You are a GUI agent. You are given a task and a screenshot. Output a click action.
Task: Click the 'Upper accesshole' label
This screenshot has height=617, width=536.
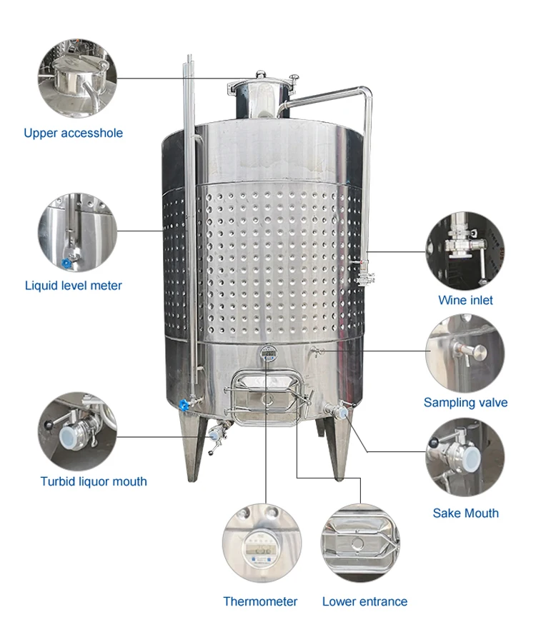click(73, 133)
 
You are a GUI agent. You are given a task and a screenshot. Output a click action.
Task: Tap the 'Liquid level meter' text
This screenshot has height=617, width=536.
click(73, 286)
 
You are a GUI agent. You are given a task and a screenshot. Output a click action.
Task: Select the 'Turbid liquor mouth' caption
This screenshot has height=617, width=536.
click(94, 481)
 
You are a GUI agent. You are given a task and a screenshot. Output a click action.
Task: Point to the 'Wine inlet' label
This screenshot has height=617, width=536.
click(465, 300)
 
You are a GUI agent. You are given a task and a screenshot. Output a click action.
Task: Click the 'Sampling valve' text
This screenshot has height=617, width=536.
click(465, 402)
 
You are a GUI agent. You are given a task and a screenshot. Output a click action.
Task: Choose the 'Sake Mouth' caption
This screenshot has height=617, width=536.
click(465, 513)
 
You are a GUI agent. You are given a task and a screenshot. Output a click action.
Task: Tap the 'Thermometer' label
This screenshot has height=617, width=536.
click(260, 601)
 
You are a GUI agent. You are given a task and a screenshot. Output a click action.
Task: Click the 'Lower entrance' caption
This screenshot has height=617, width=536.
click(364, 601)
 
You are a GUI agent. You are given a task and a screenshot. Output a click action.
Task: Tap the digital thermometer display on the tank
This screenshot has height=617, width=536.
click(268, 353)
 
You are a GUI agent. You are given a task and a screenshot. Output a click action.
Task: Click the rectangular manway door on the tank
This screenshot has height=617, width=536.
click(267, 397)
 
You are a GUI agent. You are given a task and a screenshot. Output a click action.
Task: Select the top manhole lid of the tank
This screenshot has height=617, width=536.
click(261, 77)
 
